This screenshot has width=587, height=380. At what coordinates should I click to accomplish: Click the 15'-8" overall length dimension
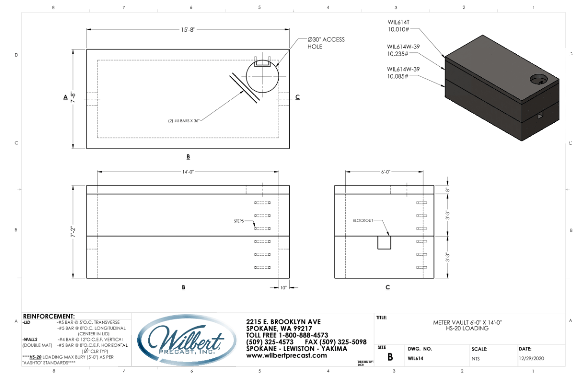(x=188, y=30)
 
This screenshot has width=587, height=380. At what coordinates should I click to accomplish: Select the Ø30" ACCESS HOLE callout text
(x=326, y=43)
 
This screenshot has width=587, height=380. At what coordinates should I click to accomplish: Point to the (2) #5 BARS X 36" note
(x=181, y=120)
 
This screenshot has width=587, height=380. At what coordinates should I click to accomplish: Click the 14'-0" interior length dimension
(x=188, y=171)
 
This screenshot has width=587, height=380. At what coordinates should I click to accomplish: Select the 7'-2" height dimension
(x=73, y=232)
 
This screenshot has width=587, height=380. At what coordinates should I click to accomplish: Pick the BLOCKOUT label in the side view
(x=363, y=221)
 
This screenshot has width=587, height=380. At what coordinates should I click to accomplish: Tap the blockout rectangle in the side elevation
(x=384, y=242)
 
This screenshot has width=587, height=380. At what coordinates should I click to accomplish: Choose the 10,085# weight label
(x=398, y=76)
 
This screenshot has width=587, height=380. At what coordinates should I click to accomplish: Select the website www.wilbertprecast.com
(x=286, y=356)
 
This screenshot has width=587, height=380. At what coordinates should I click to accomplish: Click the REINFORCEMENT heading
(x=48, y=316)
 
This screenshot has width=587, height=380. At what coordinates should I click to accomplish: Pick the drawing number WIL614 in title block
(x=415, y=358)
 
